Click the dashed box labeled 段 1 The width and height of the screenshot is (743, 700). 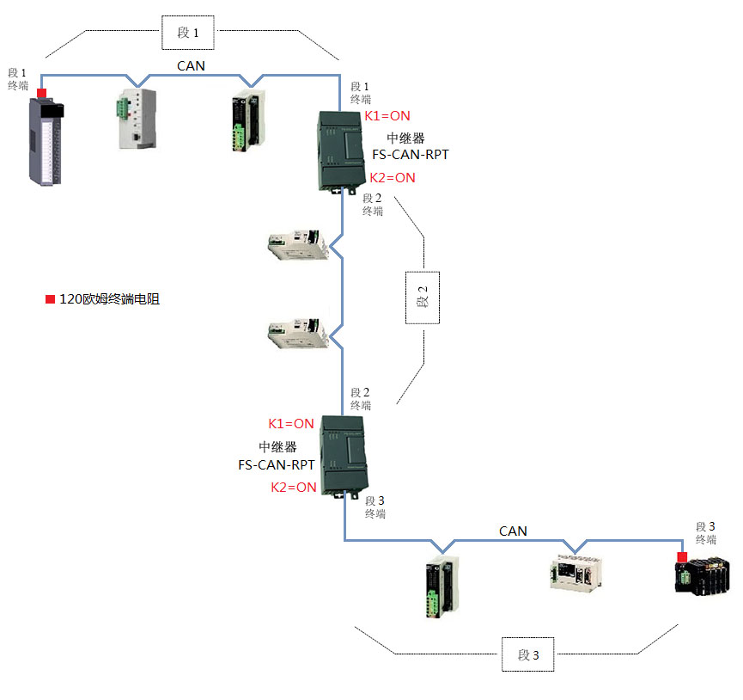tap(188, 34)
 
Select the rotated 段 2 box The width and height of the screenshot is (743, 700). tap(423, 296)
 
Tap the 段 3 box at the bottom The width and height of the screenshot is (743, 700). tap(528, 654)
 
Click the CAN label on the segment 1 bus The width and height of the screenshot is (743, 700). tap(191, 65)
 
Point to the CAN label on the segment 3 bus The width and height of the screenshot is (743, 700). tap(513, 531)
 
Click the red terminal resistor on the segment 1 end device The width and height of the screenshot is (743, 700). tap(41, 93)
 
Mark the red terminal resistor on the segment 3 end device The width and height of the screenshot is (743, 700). tap(682, 557)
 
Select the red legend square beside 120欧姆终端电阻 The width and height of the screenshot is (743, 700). tap(50, 299)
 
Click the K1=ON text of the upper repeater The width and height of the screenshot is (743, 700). tap(387, 116)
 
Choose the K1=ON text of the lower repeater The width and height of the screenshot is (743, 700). tap(291, 424)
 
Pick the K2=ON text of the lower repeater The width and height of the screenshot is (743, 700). tap(294, 488)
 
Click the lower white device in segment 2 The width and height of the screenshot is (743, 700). tap(298, 335)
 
